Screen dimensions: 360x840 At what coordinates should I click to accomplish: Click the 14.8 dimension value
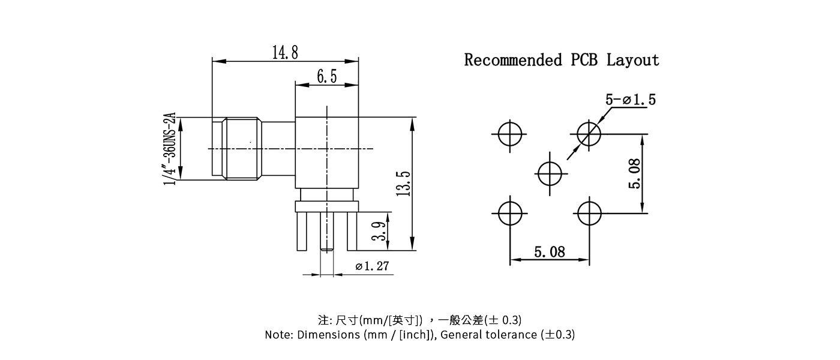tap(285, 53)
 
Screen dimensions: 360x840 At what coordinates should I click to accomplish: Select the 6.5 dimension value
tap(326, 77)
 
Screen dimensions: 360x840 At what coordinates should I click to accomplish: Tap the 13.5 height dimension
tap(403, 183)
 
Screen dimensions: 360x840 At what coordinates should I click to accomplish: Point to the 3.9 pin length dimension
tap(379, 231)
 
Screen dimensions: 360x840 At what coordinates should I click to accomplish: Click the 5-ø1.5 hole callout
tap(630, 100)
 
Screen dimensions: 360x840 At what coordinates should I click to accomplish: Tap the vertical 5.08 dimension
tap(634, 173)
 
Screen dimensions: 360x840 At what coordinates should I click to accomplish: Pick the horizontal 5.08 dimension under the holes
tap(550, 252)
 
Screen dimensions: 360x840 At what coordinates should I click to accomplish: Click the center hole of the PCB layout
tap(550, 173)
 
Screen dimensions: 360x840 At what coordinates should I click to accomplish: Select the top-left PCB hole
tap(510, 134)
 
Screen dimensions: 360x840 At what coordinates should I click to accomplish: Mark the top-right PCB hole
tap(589, 134)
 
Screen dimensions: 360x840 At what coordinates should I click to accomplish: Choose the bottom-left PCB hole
tap(510, 212)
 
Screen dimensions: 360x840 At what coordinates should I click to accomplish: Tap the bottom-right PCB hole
tap(589, 212)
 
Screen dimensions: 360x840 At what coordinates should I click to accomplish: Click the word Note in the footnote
tap(278, 335)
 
